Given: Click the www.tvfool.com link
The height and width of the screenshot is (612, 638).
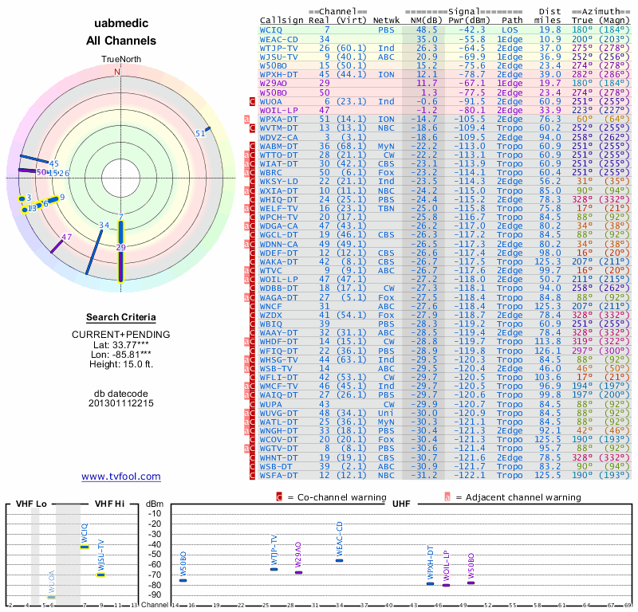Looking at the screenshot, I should (121, 477).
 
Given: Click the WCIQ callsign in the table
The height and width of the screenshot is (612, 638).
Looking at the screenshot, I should (271, 29).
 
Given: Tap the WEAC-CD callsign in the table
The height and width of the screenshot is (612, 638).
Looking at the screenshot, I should (279, 38).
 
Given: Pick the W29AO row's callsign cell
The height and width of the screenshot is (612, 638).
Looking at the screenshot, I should (274, 83).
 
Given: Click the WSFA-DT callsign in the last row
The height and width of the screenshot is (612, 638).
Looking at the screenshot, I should (279, 475).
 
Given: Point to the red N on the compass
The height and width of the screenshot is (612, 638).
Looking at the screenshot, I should (117, 72).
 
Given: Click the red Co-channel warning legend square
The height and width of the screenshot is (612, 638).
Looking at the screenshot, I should (279, 497).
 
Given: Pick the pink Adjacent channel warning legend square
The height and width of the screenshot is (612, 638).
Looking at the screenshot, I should (448, 497).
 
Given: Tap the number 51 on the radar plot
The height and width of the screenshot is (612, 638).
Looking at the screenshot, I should (200, 134).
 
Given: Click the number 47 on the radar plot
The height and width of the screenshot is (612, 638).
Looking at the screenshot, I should (67, 237).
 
